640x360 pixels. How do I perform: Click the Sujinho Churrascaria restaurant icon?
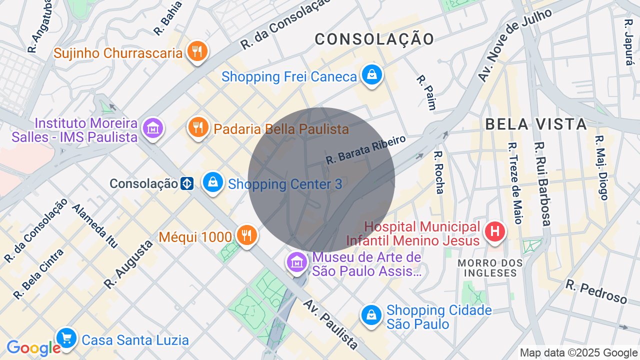197,52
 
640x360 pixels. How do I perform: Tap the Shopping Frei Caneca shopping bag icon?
371,75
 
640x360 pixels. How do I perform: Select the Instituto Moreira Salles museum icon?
152,128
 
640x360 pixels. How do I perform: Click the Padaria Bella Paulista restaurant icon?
198,127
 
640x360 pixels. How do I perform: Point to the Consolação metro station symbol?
187,183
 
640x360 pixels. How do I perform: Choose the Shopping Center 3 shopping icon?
213,182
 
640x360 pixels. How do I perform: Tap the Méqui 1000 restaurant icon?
246,235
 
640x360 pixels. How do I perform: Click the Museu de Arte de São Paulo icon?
296,262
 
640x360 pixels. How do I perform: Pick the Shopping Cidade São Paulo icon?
371,315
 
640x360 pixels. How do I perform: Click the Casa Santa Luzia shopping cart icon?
66,339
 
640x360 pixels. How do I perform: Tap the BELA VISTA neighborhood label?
536,124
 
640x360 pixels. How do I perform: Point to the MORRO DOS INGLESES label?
490,268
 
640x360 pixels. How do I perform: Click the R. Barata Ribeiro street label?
365,148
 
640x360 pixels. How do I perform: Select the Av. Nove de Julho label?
514,45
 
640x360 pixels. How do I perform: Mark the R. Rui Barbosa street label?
542,183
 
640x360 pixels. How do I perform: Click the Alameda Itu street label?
95,226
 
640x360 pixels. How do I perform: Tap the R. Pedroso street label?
596,291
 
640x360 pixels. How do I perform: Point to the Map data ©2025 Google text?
578,353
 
